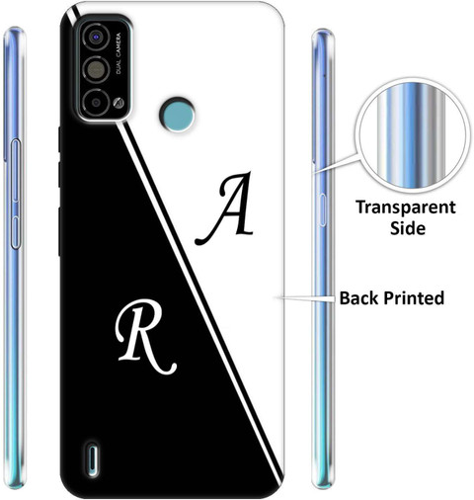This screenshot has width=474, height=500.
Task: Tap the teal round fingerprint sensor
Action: point(177,115)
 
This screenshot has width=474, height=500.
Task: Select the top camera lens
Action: point(96,37)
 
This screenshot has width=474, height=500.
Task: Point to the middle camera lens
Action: point(95,69)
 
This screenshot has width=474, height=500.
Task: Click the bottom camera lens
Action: point(96,103)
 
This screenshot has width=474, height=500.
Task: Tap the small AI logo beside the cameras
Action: point(118,103)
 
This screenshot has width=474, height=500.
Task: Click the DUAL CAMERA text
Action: point(118,53)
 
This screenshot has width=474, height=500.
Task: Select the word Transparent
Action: point(406,208)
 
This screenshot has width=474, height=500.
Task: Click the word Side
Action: point(408,227)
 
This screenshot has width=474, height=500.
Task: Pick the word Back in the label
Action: point(358,298)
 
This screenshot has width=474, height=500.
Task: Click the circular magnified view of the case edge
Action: point(413,135)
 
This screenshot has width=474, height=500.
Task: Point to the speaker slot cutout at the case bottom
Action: point(93,458)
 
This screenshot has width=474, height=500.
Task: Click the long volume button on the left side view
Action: point(16,170)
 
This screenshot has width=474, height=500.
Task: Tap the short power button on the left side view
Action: point(15,232)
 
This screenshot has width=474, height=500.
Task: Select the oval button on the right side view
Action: point(322,210)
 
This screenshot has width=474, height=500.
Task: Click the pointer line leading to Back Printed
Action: point(306,298)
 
